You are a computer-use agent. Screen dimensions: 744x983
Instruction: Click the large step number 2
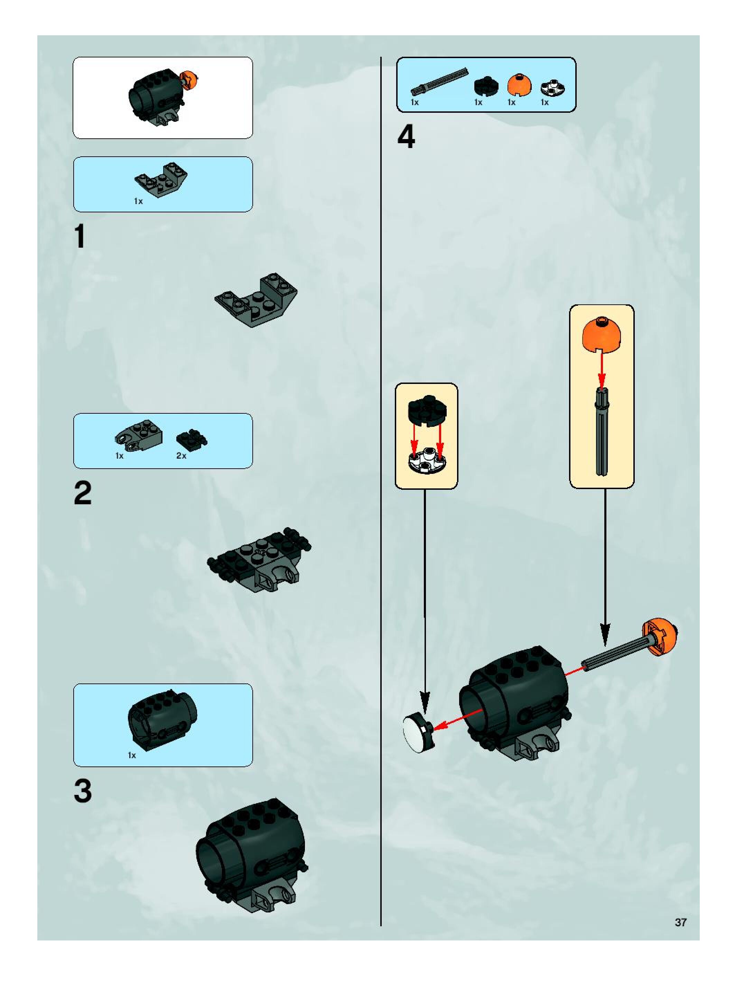83,493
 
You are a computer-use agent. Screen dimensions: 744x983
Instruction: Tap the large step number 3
83,791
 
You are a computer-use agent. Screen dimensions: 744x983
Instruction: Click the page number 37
680,922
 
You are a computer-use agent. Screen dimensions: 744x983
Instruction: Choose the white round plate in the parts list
552,88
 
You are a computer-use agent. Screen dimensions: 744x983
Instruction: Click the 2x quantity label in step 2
181,456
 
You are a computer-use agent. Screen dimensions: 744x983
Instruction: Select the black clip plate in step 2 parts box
192,439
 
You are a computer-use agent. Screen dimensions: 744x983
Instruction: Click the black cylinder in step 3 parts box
162,719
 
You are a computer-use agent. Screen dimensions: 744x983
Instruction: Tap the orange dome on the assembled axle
660,637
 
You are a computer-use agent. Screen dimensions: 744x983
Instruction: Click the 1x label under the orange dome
512,102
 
